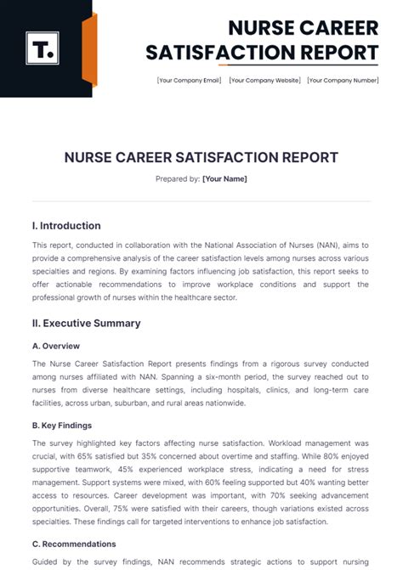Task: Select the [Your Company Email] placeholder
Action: pyautogui.click(x=189, y=81)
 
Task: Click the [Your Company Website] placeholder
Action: pyautogui.click(x=264, y=81)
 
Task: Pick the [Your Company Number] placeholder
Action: pyautogui.click(x=343, y=81)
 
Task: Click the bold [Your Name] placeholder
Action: pyautogui.click(x=224, y=179)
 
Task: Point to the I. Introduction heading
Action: pyautogui.click(x=66, y=226)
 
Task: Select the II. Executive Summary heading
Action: pyautogui.click(x=86, y=324)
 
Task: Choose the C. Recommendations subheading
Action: pyautogui.click(x=74, y=544)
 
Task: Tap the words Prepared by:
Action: pyautogui.click(x=178, y=179)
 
